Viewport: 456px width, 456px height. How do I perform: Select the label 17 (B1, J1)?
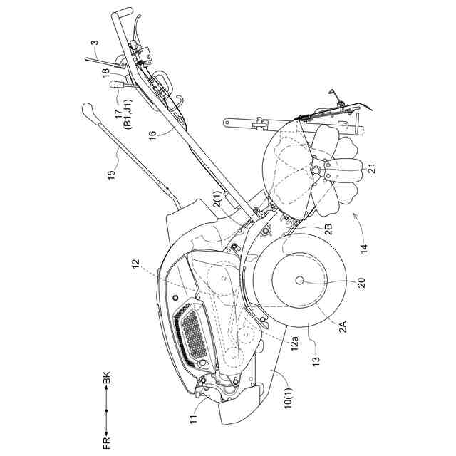coord(123,113)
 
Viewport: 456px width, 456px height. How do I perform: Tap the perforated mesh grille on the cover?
coord(192,333)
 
